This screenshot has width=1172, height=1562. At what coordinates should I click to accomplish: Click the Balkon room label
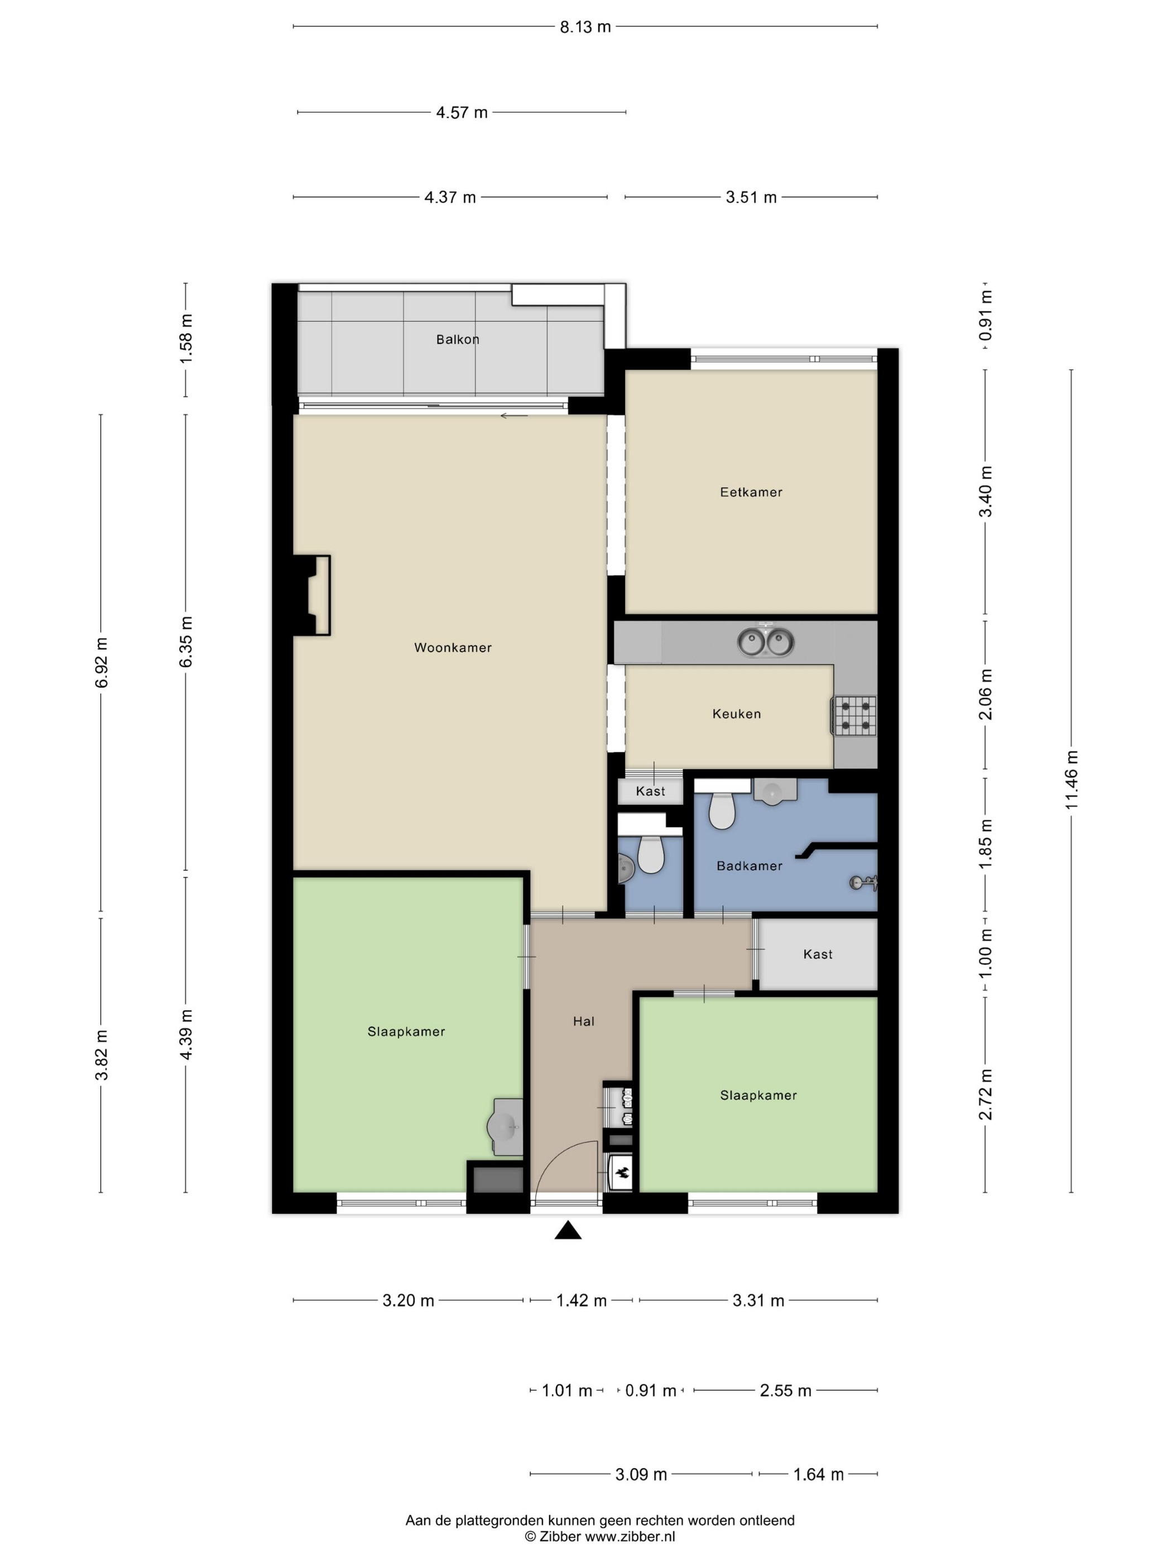pyautogui.click(x=457, y=340)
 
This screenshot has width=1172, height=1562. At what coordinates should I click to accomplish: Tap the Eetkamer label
pyautogui.click(x=751, y=492)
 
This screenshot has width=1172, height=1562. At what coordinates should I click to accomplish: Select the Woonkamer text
pyautogui.click(x=453, y=648)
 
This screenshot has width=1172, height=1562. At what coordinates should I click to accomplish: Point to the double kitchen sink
pyautogui.click(x=766, y=643)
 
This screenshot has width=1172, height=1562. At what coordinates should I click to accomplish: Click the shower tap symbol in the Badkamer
pyautogui.click(x=863, y=882)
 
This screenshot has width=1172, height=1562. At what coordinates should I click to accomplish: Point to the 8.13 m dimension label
pyautogui.click(x=585, y=27)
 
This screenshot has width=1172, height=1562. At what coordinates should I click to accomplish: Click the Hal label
pyautogui.click(x=584, y=1021)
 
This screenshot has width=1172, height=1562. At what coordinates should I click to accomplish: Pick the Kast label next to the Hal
pyautogui.click(x=818, y=954)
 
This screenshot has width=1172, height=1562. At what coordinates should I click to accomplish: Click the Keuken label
pyautogui.click(x=736, y=714)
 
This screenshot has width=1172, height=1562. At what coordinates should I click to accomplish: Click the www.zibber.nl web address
pyautogui.click(x=630, y=1536)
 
